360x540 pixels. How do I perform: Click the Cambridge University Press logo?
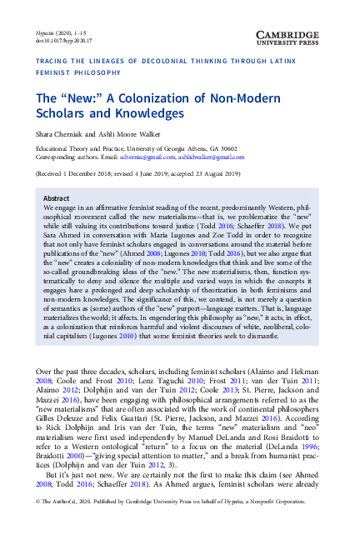point(312,20)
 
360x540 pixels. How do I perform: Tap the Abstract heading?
point(56,198)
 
